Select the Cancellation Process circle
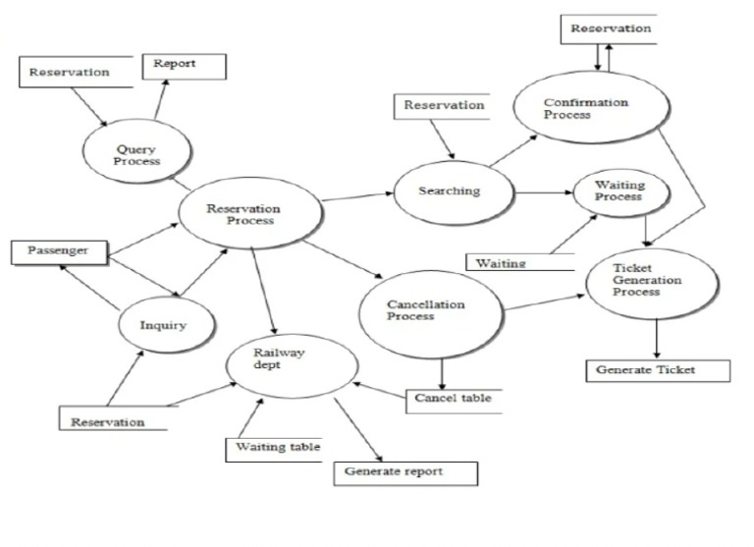(x=428, y=311)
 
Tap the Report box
(x=184, y=66)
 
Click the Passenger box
(x=58, y=251)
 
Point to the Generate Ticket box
(x=658, y=370)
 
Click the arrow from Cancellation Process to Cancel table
(x=440, y=371)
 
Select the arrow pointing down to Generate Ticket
(x=656, y=340)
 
